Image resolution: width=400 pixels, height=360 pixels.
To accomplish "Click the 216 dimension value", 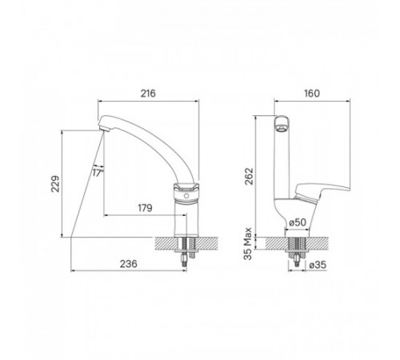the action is pyautogui.click(x=148, y=94).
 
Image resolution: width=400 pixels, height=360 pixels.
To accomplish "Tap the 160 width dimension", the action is pyautogui.click(x=312, y=94).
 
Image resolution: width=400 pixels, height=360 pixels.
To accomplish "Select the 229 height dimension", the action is pyautogui.click(x=56, y=184).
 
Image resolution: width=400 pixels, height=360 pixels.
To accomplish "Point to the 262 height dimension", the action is pyautogui.click(x=250, y=176).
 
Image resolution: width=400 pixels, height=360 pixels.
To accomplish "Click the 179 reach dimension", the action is pyautogui.click(x=145, y=208).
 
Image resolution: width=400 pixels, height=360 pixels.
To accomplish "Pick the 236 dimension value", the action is pyautogui.click(x=129, y=264).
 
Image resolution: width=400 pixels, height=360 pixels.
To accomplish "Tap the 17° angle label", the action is pyautogui.click(x=98, y=173).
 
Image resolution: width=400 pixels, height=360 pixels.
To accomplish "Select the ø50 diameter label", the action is pyautogui.click(x=298, y=222).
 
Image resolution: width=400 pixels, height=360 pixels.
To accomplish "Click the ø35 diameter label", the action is pyautogui.click(x=318, y=265).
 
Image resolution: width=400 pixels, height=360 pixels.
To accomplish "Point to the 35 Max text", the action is pyautogui.click(x=248, y=243).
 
